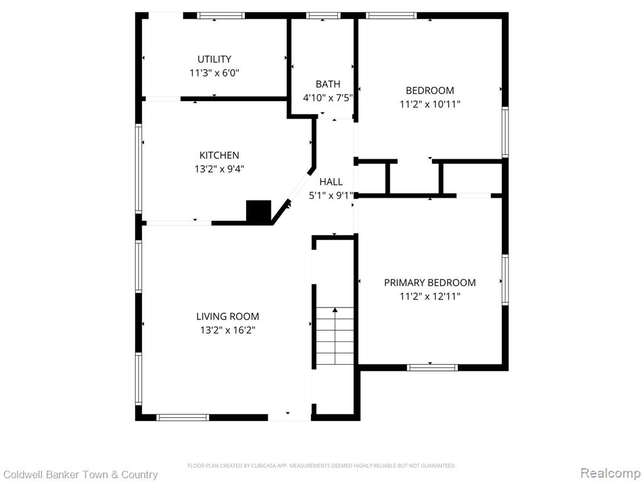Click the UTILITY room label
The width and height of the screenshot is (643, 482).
pyautogui.click(x=214, y=59)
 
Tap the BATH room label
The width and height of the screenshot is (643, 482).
pyautogui.click(x=328, y=84)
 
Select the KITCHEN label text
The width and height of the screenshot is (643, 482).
pyautogui.click(x=219, y=156)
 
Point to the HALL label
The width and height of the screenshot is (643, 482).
pyautogui.click(x=331, y=181)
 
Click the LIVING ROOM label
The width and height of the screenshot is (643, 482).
pyautogui.click(x=227, y=316)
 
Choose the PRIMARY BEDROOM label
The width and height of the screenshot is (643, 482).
pyautogui.click(x=430, y=282)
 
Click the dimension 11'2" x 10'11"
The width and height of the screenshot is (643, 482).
pyautogui.click(x=430, y=104)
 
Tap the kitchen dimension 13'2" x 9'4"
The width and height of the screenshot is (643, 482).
pyautogui.click(x=219, y=169)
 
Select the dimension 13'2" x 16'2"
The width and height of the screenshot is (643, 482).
pyautogui.click(x=227, y=330)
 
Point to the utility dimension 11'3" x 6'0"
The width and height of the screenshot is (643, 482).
pyautogui.click(x=214, y=73)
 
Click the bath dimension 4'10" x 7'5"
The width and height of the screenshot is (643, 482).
pyautogui.click(x=328, y=98)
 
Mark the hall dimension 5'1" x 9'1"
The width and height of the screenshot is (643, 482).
pyautogui.click(x=331, y=196)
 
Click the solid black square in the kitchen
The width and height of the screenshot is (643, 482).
pyautogui.click(x=259, y=211)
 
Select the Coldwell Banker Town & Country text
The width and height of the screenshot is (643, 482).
pyautogui.click(x=80, y=474)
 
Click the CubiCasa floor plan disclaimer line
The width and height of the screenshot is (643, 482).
pyautogui.click(x=321, y=466)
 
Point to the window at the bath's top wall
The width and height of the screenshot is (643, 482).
pyautogui.click(x=323, y=16)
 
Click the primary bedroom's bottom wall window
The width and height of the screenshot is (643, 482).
pyautogui.click(x=432, y=368)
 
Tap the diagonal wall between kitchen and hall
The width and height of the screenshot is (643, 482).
pyautogui.click(x=294, y=196)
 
